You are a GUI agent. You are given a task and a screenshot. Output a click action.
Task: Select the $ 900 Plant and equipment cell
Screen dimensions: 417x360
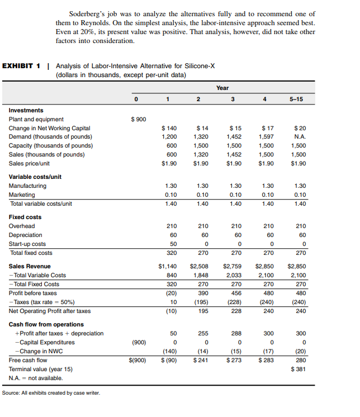pos(139,119)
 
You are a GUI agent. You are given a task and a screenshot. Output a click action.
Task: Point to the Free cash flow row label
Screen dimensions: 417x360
pos(27,361)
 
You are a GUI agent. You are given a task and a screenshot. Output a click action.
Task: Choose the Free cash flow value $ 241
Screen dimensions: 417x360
pos(200,361)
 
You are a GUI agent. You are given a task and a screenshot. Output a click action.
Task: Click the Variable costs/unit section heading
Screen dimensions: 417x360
pos(35,177)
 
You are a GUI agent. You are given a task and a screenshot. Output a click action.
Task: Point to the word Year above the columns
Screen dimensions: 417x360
pos(222,88)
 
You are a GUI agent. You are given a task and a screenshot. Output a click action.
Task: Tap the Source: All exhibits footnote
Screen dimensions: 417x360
pos(51,392)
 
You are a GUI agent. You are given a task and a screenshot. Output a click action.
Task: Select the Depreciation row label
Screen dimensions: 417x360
pos(26,235)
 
